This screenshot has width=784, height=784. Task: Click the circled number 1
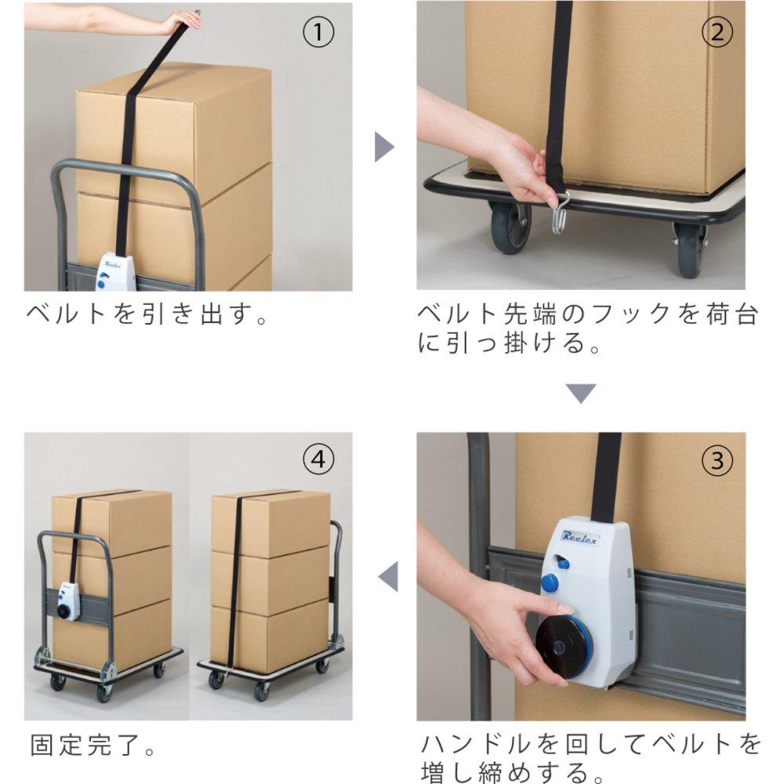318,32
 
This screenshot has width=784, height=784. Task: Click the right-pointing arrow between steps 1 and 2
383,147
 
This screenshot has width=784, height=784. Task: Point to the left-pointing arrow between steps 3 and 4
389,577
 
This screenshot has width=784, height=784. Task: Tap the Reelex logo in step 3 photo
581,535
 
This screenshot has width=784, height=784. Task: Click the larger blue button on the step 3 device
550,583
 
